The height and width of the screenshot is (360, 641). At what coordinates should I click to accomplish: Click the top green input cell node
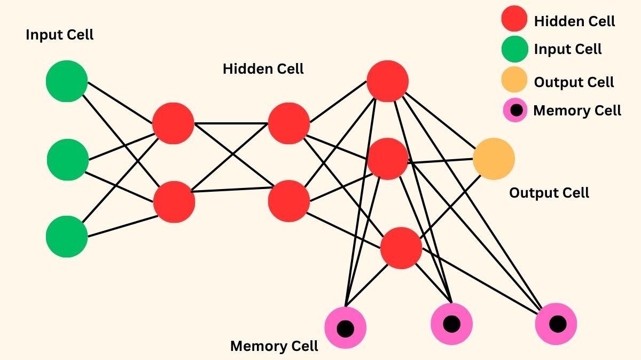point(67,81)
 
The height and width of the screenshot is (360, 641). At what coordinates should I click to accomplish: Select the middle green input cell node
point(68,159)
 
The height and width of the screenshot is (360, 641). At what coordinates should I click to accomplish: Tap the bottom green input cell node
point(67,237)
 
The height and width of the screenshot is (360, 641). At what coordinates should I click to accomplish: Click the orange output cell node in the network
point(494,159)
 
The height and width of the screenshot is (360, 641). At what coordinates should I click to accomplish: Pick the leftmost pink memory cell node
point(345,327)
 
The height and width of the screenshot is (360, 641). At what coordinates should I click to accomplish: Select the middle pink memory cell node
point(451,324)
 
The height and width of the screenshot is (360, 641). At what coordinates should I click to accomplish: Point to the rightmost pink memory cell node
point(557,324)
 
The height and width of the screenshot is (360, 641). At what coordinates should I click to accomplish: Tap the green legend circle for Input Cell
point(514,49)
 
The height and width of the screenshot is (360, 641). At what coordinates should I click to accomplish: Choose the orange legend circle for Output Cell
point(514,80)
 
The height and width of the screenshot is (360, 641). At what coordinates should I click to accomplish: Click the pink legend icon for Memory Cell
point(515,111)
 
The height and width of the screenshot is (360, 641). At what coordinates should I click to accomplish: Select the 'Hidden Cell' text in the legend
point(574,21)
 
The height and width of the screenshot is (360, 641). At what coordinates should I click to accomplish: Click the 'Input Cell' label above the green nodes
point(59,35)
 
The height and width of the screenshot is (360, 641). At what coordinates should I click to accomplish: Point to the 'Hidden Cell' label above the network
point(263,68)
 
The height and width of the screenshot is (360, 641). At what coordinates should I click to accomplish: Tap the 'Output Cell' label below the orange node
point(549,192)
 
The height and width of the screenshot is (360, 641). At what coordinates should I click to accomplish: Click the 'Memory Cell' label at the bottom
point(274,346)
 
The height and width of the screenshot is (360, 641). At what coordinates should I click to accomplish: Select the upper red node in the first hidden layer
point(173,123)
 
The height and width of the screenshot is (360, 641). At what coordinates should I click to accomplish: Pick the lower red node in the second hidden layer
point(289,201)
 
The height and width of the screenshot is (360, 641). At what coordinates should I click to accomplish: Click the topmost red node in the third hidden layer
point(387,81)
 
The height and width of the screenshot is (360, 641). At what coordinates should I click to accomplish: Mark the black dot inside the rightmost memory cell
point(557,324)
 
